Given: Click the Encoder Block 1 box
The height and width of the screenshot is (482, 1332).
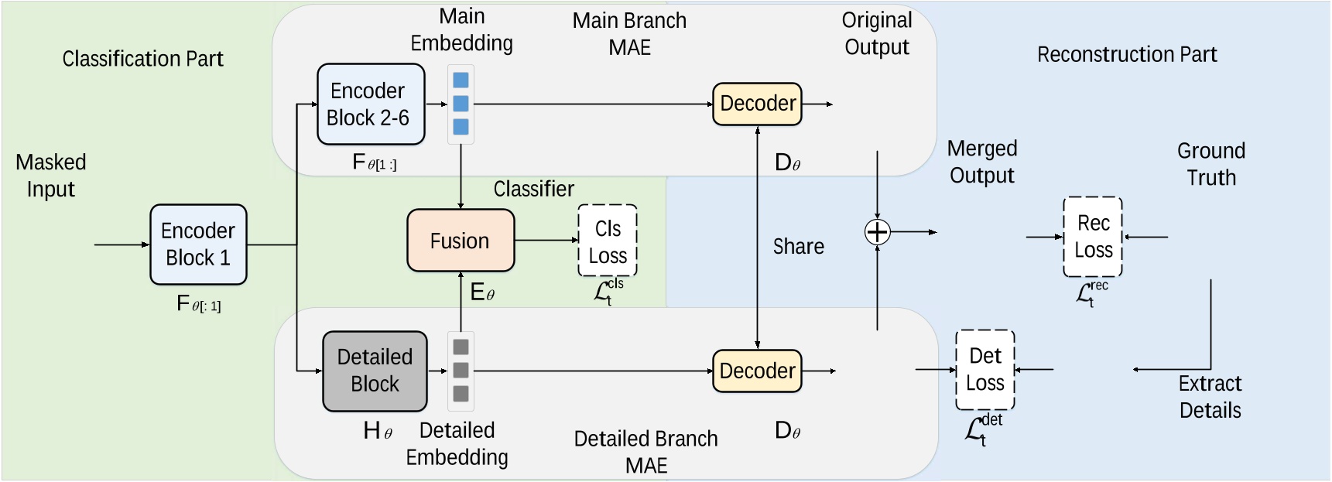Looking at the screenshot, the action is click(198, 244).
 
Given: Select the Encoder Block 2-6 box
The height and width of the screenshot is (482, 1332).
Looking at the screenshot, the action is click(371, 104).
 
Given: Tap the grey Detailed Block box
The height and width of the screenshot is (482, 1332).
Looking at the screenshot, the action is click(375, 371).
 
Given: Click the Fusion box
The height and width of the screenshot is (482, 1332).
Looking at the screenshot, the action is click(461, 241).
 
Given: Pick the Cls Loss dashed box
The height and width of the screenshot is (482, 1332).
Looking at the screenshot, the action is click(608, 241).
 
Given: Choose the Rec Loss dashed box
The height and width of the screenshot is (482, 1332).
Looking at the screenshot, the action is click(1093, 237).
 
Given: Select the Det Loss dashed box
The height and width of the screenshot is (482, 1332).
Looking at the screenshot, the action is click(985, 370).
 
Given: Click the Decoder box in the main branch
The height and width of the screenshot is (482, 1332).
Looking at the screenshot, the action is click(758, 104).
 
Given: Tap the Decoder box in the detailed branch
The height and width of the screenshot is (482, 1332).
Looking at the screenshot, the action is click(758, 371).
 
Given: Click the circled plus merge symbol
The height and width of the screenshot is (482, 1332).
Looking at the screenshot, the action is click(877, 232).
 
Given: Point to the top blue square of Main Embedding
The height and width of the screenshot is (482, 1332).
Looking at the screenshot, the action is click(461, 80).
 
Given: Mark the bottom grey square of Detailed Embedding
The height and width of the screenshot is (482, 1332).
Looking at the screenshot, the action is click(461, 394).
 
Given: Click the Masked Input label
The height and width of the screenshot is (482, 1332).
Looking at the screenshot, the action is click(51, 176).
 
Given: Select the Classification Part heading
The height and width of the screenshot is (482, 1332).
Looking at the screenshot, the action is click(142, 59).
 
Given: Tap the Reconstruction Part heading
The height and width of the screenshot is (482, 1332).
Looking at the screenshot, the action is click(1127, 55).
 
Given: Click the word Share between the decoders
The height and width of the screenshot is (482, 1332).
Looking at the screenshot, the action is click(799, 247).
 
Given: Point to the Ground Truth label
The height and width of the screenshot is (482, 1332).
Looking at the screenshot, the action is click(1211, 164).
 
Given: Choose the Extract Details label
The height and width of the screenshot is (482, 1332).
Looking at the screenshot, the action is click(1210, 397).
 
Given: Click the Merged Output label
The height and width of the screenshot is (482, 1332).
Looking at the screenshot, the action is click(982, 162).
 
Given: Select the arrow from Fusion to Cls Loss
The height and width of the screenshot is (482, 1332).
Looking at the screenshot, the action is click(546, 241).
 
